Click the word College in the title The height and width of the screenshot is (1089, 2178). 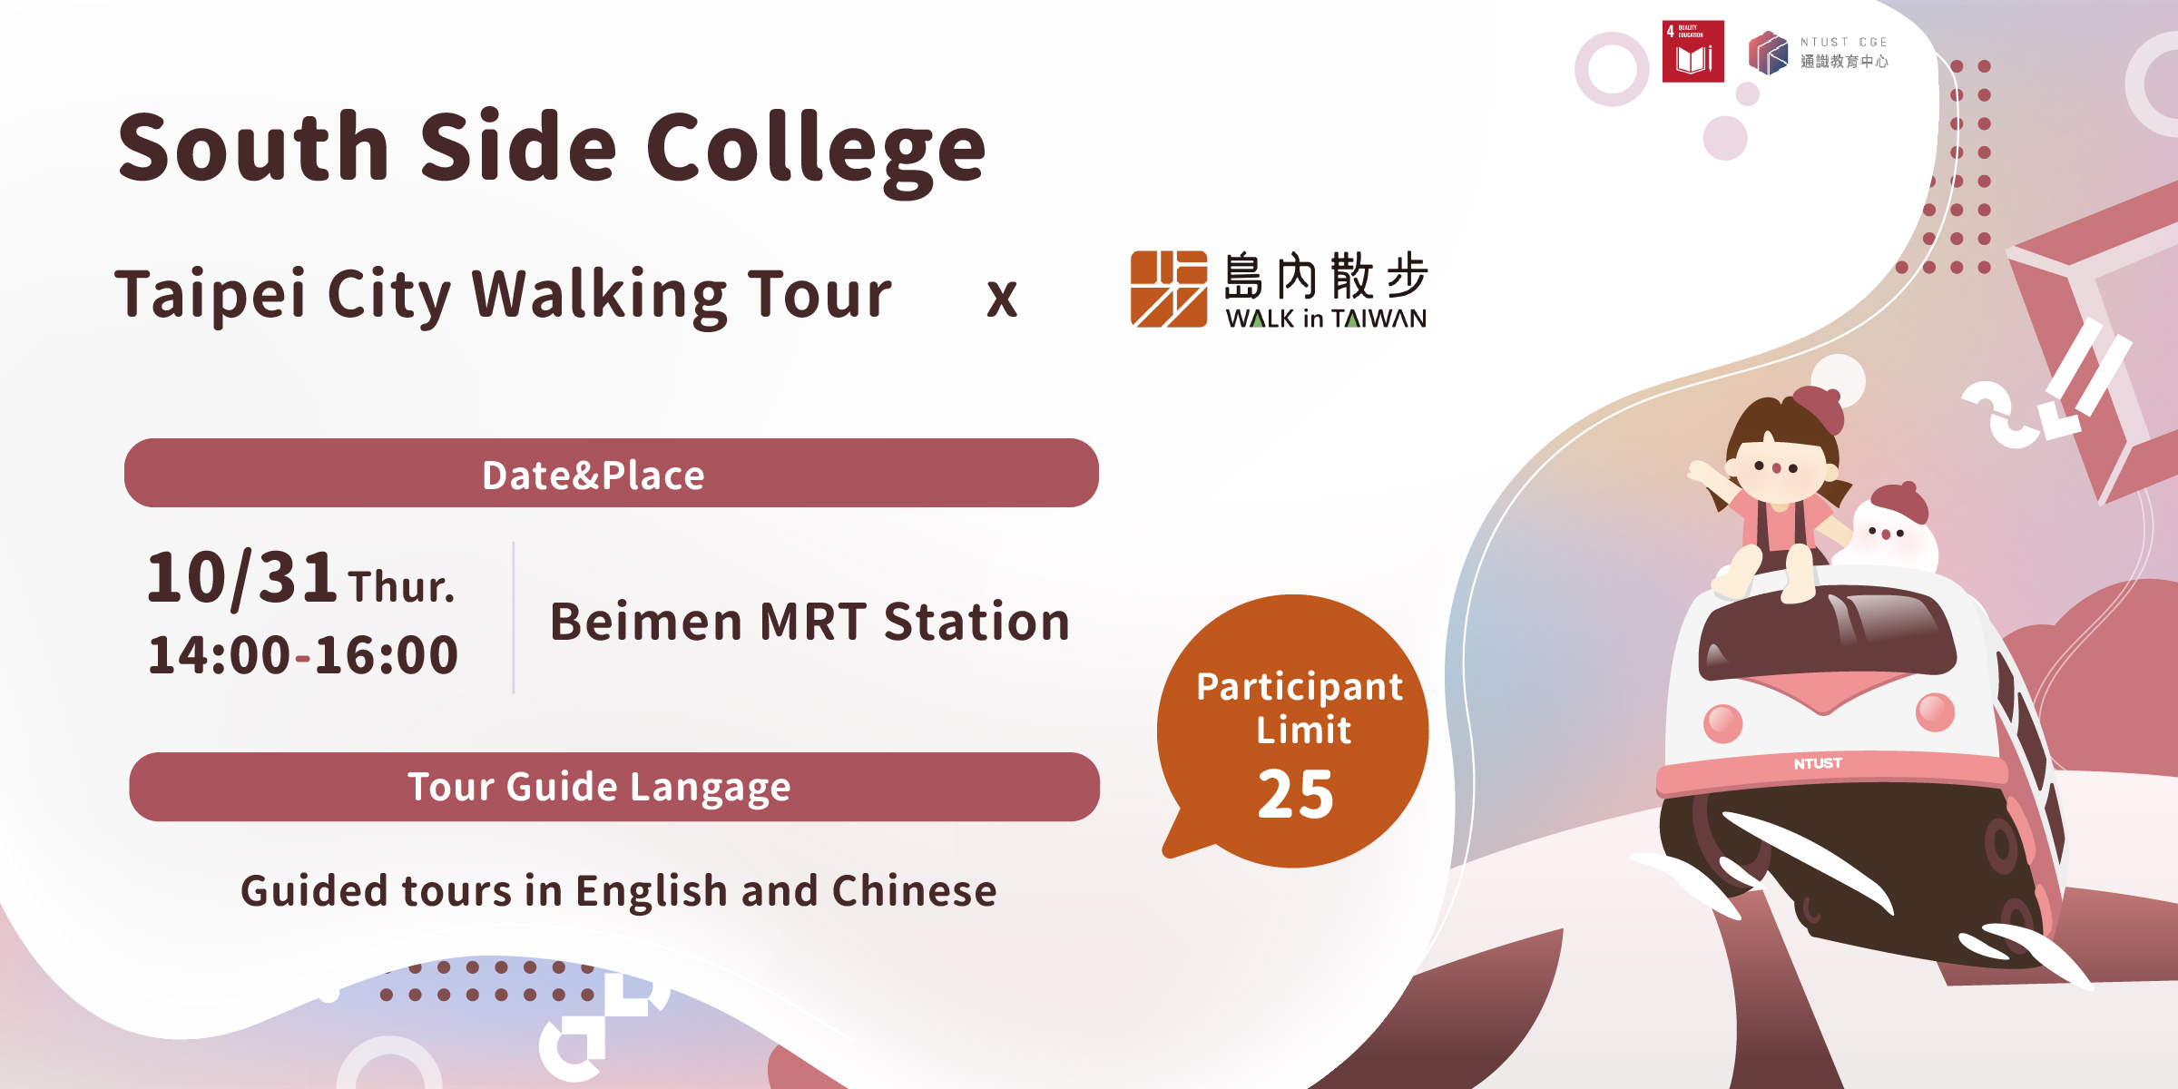816,151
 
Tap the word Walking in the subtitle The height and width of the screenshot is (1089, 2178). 600,296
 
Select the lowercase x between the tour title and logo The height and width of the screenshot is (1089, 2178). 1002,299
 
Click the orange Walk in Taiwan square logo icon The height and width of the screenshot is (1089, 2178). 1169,289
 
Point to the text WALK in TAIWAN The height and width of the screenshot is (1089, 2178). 1326,319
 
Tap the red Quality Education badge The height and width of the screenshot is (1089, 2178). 1692,52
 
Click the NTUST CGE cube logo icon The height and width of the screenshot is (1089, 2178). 1768,53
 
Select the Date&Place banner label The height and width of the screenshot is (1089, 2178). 594,475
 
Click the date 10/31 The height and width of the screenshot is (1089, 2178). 242,577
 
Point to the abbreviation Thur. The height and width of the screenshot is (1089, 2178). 401,586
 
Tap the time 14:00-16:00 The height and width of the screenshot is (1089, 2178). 303,655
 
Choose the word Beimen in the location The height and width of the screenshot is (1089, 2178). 646,622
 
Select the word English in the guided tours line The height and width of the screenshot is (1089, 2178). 652,890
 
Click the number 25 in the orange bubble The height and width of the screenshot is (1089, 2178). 1296,795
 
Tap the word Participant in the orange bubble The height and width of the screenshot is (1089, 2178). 1300,688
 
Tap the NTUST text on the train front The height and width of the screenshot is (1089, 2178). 1818,763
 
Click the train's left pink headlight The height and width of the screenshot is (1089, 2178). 1723,723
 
